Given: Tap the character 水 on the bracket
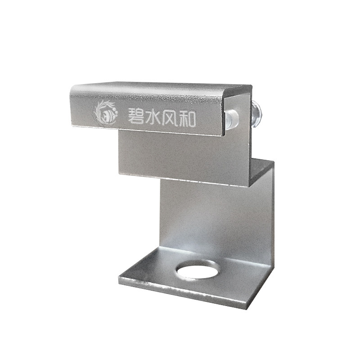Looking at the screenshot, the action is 153,117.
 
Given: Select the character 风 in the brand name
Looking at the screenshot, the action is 170,118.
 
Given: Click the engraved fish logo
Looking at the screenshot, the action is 105,113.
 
